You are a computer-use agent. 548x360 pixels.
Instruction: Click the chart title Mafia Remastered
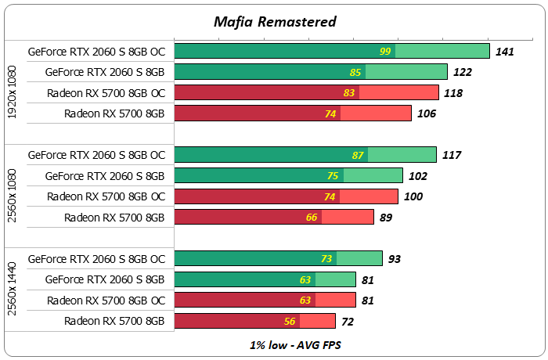[275, 21]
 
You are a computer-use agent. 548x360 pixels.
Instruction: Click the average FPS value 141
[506, 52]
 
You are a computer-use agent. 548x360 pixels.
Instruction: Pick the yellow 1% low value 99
[385, 52]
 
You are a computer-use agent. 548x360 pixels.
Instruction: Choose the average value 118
[453, 93]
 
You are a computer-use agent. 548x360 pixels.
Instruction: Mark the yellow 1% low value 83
[349, 93]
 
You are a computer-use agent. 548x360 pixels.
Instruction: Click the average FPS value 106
[427, 114]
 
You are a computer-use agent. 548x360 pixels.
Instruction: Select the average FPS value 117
[452, 155]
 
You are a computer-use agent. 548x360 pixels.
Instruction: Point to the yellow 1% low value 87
[359, 155]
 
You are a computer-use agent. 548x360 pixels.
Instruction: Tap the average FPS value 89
[386, 218]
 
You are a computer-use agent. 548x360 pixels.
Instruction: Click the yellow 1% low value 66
[312, 218]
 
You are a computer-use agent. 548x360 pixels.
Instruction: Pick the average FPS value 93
[396, 259]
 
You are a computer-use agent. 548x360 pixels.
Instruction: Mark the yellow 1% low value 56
[290, 321]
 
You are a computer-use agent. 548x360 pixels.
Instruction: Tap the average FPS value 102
[418, 176]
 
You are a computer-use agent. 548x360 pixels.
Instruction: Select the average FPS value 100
[413, 196]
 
